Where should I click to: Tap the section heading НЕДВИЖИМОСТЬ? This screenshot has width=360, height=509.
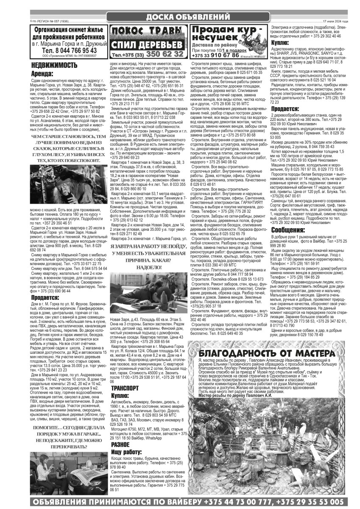(54, 65)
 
